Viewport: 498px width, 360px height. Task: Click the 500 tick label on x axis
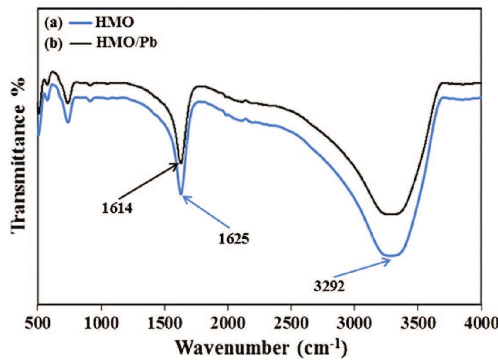click(37, 319)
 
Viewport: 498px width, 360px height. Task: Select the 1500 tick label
click(165, 319)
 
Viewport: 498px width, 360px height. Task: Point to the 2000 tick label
click(228, 319)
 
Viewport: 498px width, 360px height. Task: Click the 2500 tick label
click(291, 319)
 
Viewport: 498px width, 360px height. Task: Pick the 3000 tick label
click(354, 319)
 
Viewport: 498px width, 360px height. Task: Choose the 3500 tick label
click(418, 319)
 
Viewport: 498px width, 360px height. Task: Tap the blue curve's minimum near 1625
click(181, 194)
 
